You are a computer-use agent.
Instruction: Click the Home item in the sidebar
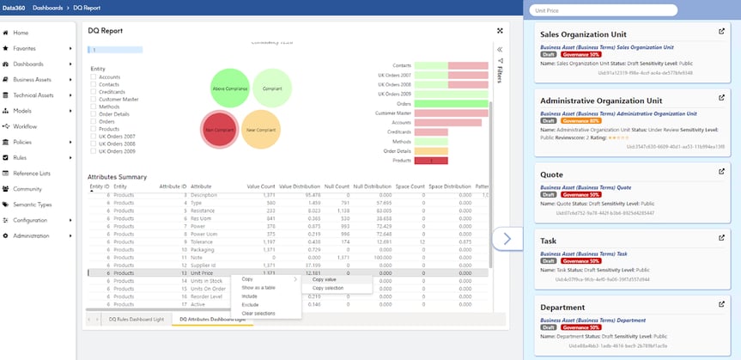point(21,33)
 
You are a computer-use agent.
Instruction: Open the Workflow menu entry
point(27,126)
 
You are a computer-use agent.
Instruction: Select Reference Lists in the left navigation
point(33,173)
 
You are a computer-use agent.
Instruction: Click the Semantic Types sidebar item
point(32,204)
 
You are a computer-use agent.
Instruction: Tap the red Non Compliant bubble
point(219,128)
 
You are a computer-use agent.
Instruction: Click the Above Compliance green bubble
point(230,88)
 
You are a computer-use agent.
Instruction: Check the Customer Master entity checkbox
point(93,99)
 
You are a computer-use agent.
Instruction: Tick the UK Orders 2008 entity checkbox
point(93,143)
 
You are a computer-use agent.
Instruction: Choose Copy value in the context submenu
point(325,279)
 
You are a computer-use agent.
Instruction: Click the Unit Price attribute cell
point(203,273)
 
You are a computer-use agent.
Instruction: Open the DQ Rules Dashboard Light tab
point(136,319)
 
